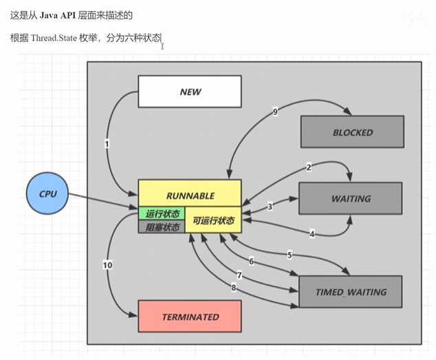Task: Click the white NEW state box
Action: [x=190, y=92]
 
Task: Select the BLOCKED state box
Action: [x=352, y=132]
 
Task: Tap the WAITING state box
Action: [x=350, y=198]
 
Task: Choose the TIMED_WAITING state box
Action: [x=350, y=292]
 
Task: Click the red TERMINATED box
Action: [x=190, y=317]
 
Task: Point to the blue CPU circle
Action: [x=48, y=193]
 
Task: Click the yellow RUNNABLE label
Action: [x=190, y=195]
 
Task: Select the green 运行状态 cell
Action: [x=162, y=214]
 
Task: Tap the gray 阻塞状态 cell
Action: [x=162, y=227]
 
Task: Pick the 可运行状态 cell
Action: [x=213, y=221]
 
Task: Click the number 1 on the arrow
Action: [x=107, y=144]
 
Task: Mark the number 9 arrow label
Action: [x=275, y=112]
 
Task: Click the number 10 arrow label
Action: [x=107, y=264]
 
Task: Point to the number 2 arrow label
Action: [x=309, y=167]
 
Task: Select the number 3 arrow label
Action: [x=270, y=206]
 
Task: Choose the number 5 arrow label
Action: [x=290, y=255]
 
